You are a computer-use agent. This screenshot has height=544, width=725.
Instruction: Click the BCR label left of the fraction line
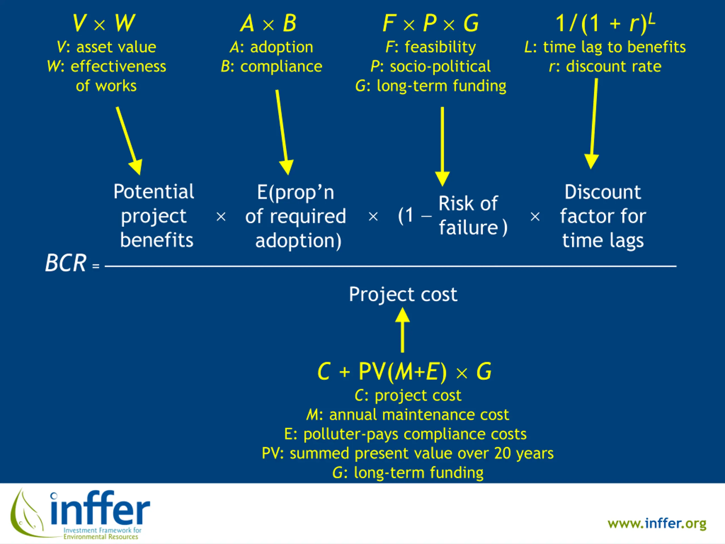point(65,263)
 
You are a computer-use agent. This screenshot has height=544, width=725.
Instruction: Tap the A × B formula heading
point(268,23)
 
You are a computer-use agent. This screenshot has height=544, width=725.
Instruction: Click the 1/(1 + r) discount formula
point(605,23)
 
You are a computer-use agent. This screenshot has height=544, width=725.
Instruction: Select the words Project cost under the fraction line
point(403,294)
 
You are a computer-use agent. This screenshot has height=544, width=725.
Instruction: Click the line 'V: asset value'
point(106,47)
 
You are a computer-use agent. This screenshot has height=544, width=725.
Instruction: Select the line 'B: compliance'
point(271,66)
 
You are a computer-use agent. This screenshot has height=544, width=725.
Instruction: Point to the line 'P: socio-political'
point(430,66)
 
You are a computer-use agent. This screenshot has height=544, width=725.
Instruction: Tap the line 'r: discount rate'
point(605,66)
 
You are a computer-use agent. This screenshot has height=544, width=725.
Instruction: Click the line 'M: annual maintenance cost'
point(408,415)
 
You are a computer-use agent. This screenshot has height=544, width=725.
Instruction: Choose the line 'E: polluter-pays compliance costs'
point(405,434)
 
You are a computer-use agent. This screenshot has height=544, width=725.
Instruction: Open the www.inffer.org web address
point(657,523)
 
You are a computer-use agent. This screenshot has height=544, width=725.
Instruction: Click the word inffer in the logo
point(100,509)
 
